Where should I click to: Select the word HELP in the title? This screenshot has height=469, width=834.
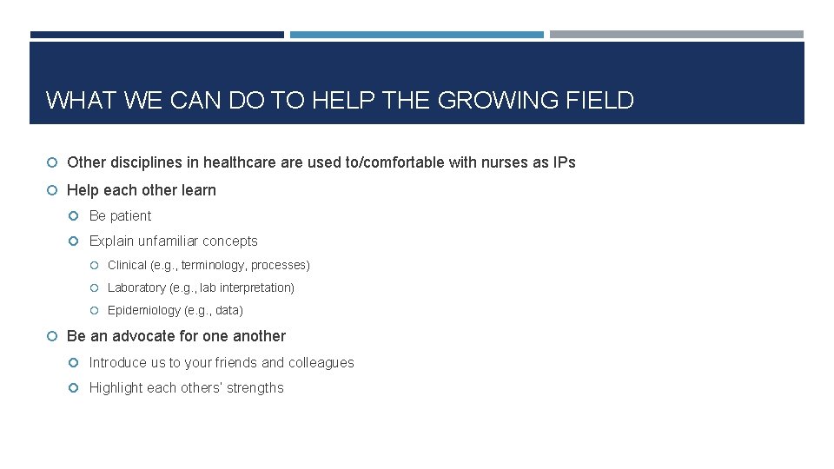tap(335, 101)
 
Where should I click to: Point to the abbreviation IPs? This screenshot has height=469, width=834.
tap(564, 162)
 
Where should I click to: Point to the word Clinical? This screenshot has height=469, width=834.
tap(127, 265)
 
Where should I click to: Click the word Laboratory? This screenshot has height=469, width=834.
tap(136, 287)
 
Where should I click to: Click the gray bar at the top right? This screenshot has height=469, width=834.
tap(676, 35)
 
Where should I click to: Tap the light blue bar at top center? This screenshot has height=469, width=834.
tap(416, 35)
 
